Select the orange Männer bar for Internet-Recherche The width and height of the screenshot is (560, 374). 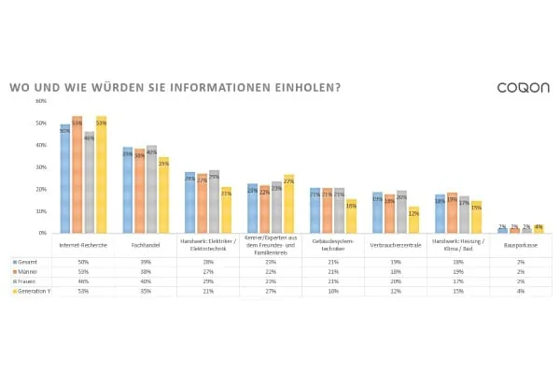tap(77, 174)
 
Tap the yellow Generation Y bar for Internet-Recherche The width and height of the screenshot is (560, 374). tap(101, 174)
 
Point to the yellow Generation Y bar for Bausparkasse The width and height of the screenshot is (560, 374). tap(539, 228)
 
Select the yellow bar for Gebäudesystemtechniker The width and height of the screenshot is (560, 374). tap(351, 215)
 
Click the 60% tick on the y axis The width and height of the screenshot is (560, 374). tap(41, 101)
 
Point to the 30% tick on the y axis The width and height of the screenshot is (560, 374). tap(41, 166)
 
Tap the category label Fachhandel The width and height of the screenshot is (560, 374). tap(146, 246)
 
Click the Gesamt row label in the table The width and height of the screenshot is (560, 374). tap(25, 261)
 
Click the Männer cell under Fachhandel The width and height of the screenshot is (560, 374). tap(146, 270)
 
